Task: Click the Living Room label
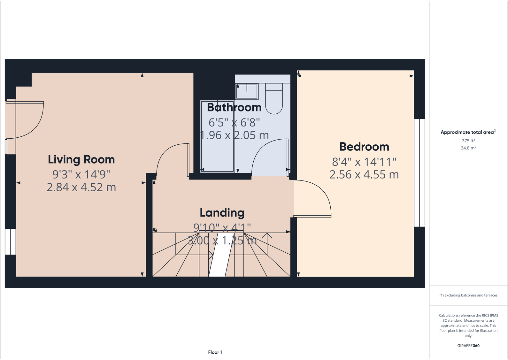click(x=81, y=159)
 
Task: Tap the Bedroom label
click(x=364, y=147)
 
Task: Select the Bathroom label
click(x=234, y=107)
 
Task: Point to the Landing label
click(x=222, y=213)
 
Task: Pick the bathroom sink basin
click(x=247, y=91)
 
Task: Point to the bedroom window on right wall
click(x=419, y=173)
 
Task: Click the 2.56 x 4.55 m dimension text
click(x=364, y=175)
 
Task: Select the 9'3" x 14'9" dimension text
click(x=81, y=174)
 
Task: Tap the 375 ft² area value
click(x=468, y=141)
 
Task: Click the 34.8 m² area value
click(x=468, y=148)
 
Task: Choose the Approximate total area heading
click(x=467, y=132)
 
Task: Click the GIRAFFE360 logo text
click(x=468, y=346)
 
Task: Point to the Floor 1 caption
click(x=215, y=352)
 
